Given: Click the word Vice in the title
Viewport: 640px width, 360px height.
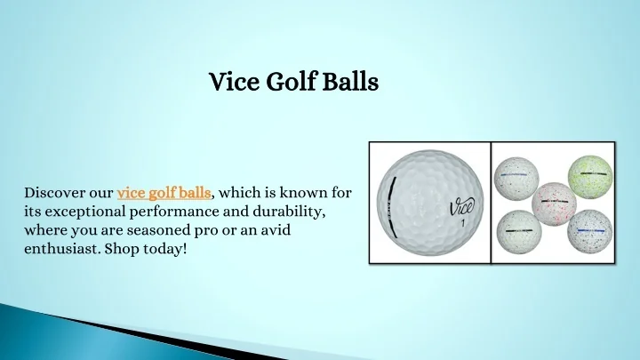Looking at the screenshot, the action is pos(234,81).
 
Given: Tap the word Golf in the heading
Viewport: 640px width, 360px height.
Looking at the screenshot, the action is pos(291,81).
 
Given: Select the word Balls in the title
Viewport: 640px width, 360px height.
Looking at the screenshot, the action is pos(350,81).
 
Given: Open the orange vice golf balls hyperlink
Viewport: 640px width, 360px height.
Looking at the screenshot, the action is pos(164,193).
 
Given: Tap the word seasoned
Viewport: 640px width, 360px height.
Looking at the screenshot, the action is pos(158,230).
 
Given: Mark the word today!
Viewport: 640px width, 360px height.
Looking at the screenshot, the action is pos(165,249).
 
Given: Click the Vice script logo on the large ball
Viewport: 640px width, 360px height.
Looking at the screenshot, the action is pos(462,207).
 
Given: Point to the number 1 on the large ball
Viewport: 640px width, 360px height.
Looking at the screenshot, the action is pos(463,223).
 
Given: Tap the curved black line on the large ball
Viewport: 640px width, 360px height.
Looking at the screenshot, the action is pos(390,207).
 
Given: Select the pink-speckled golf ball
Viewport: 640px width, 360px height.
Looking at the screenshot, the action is pos(554,204).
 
